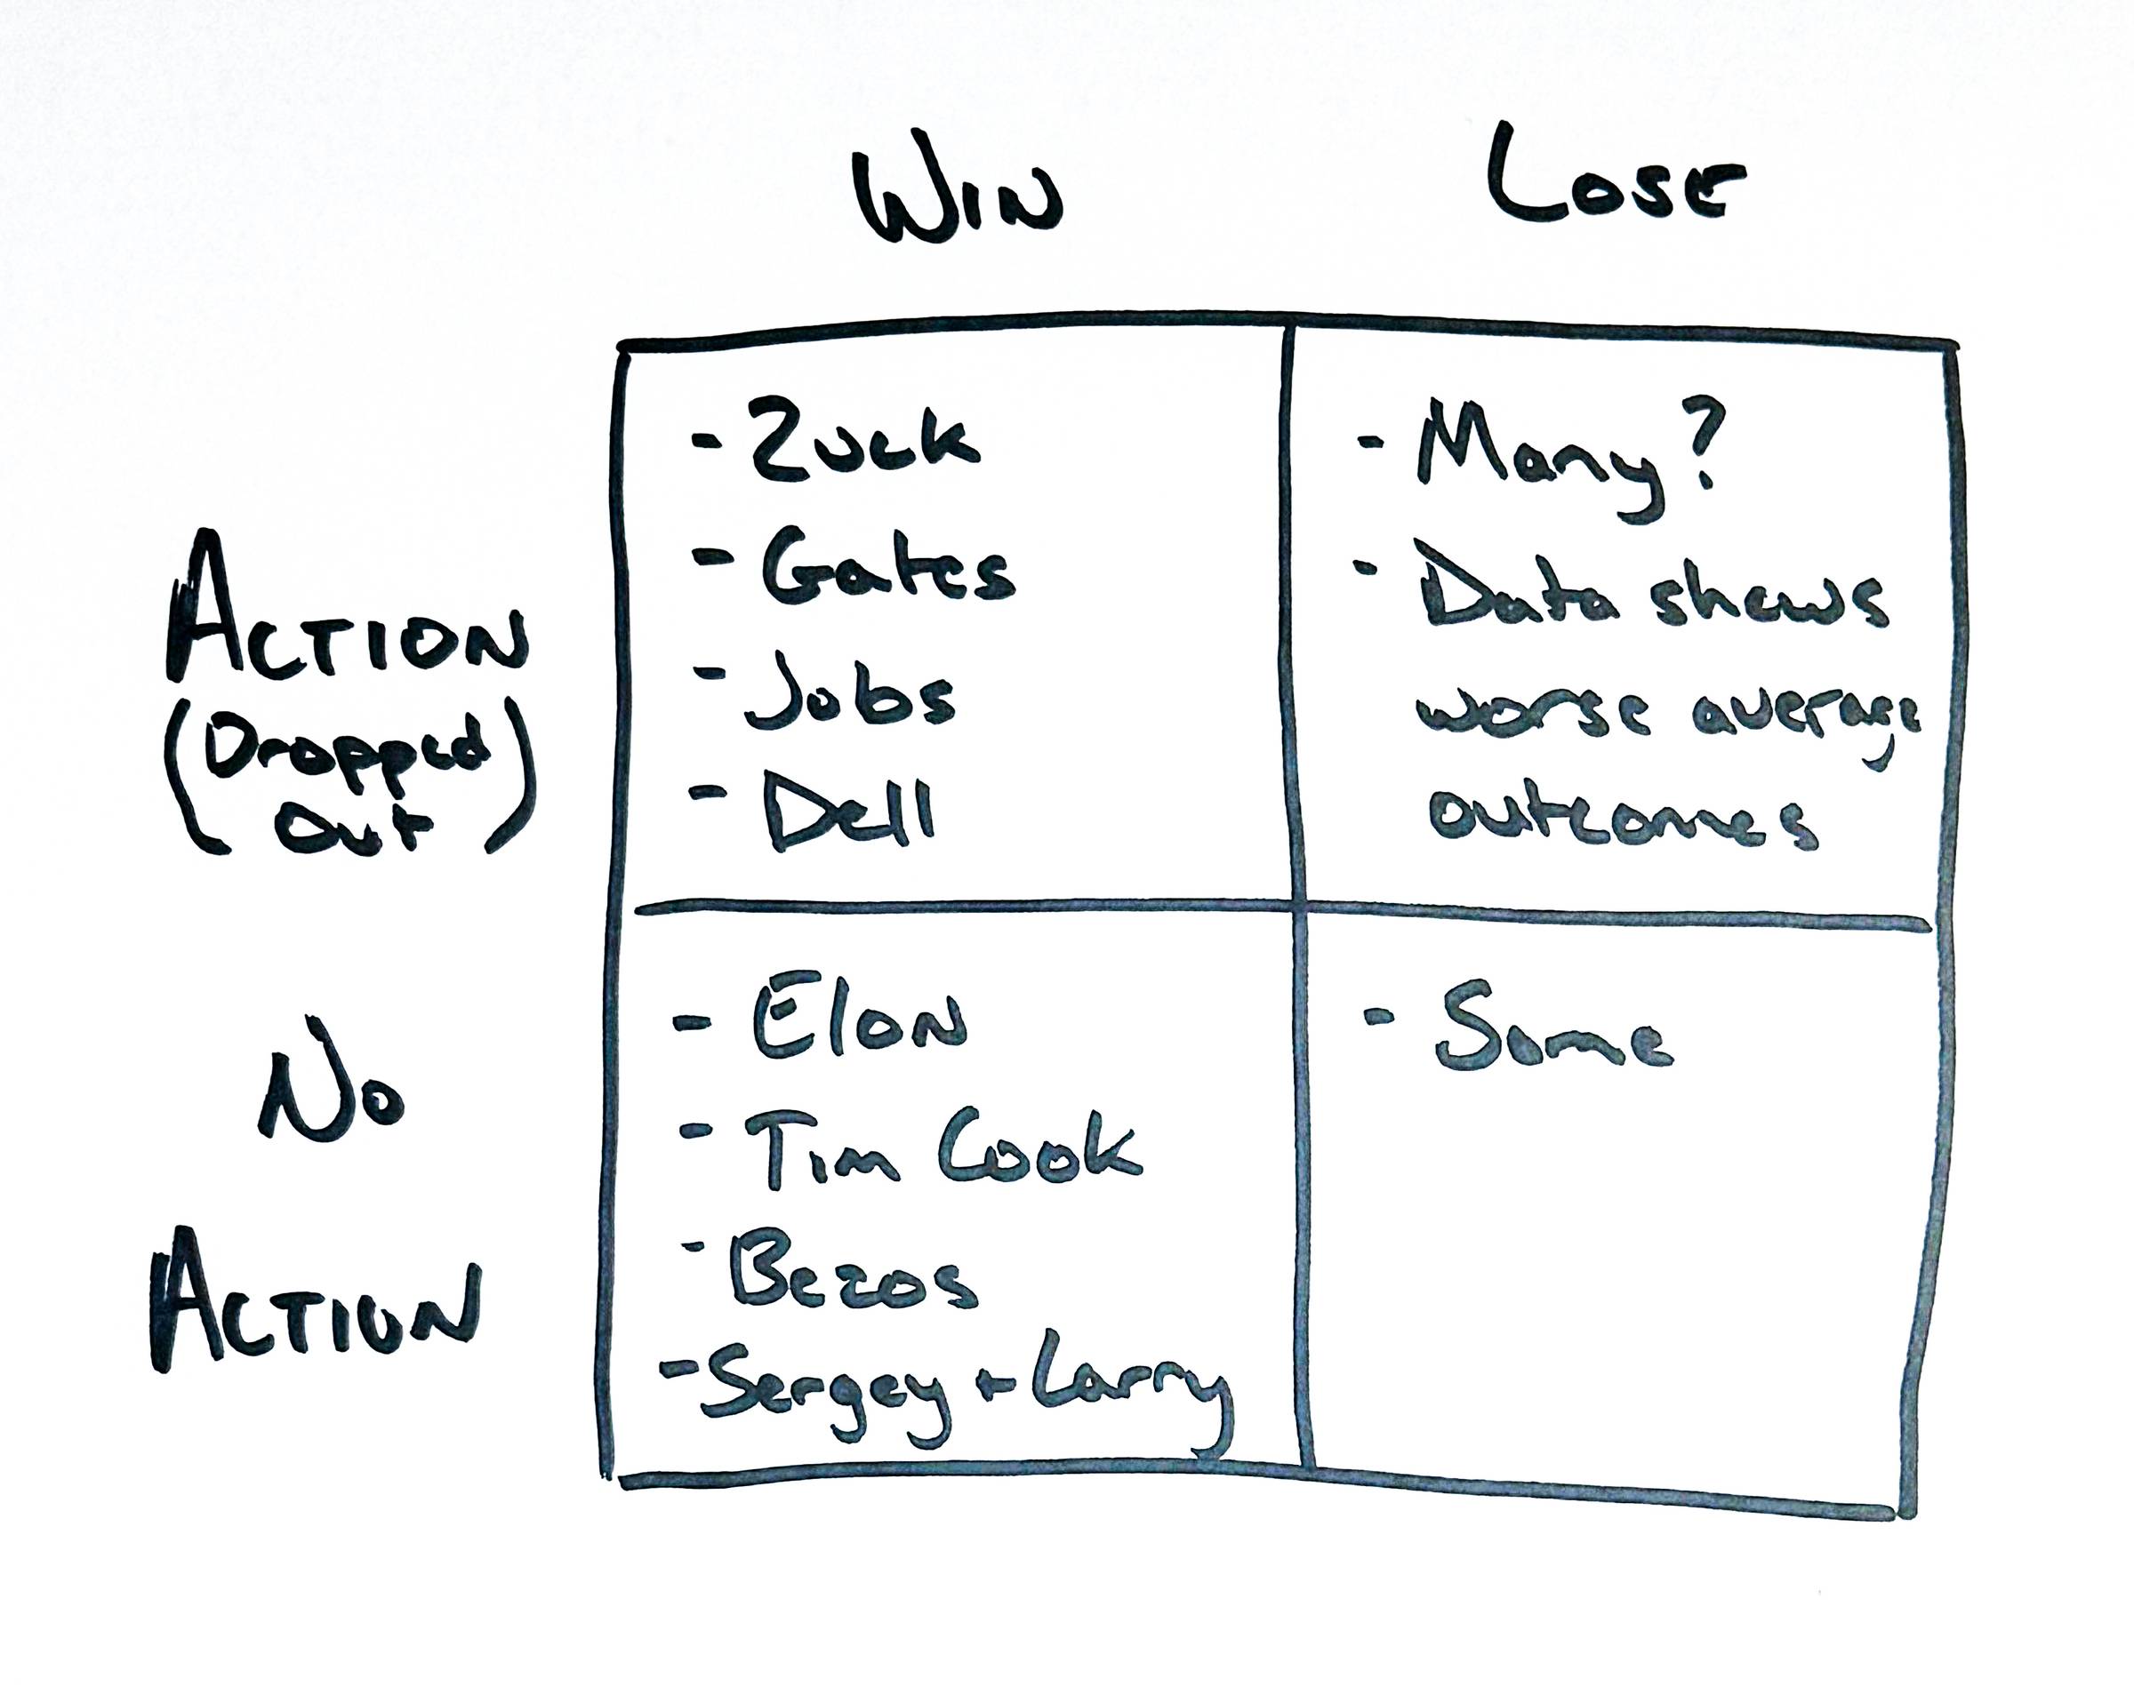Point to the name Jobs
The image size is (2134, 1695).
850,692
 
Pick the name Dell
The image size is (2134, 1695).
847,813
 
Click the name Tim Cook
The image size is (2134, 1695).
942,1150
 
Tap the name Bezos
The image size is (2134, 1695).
852,1274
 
